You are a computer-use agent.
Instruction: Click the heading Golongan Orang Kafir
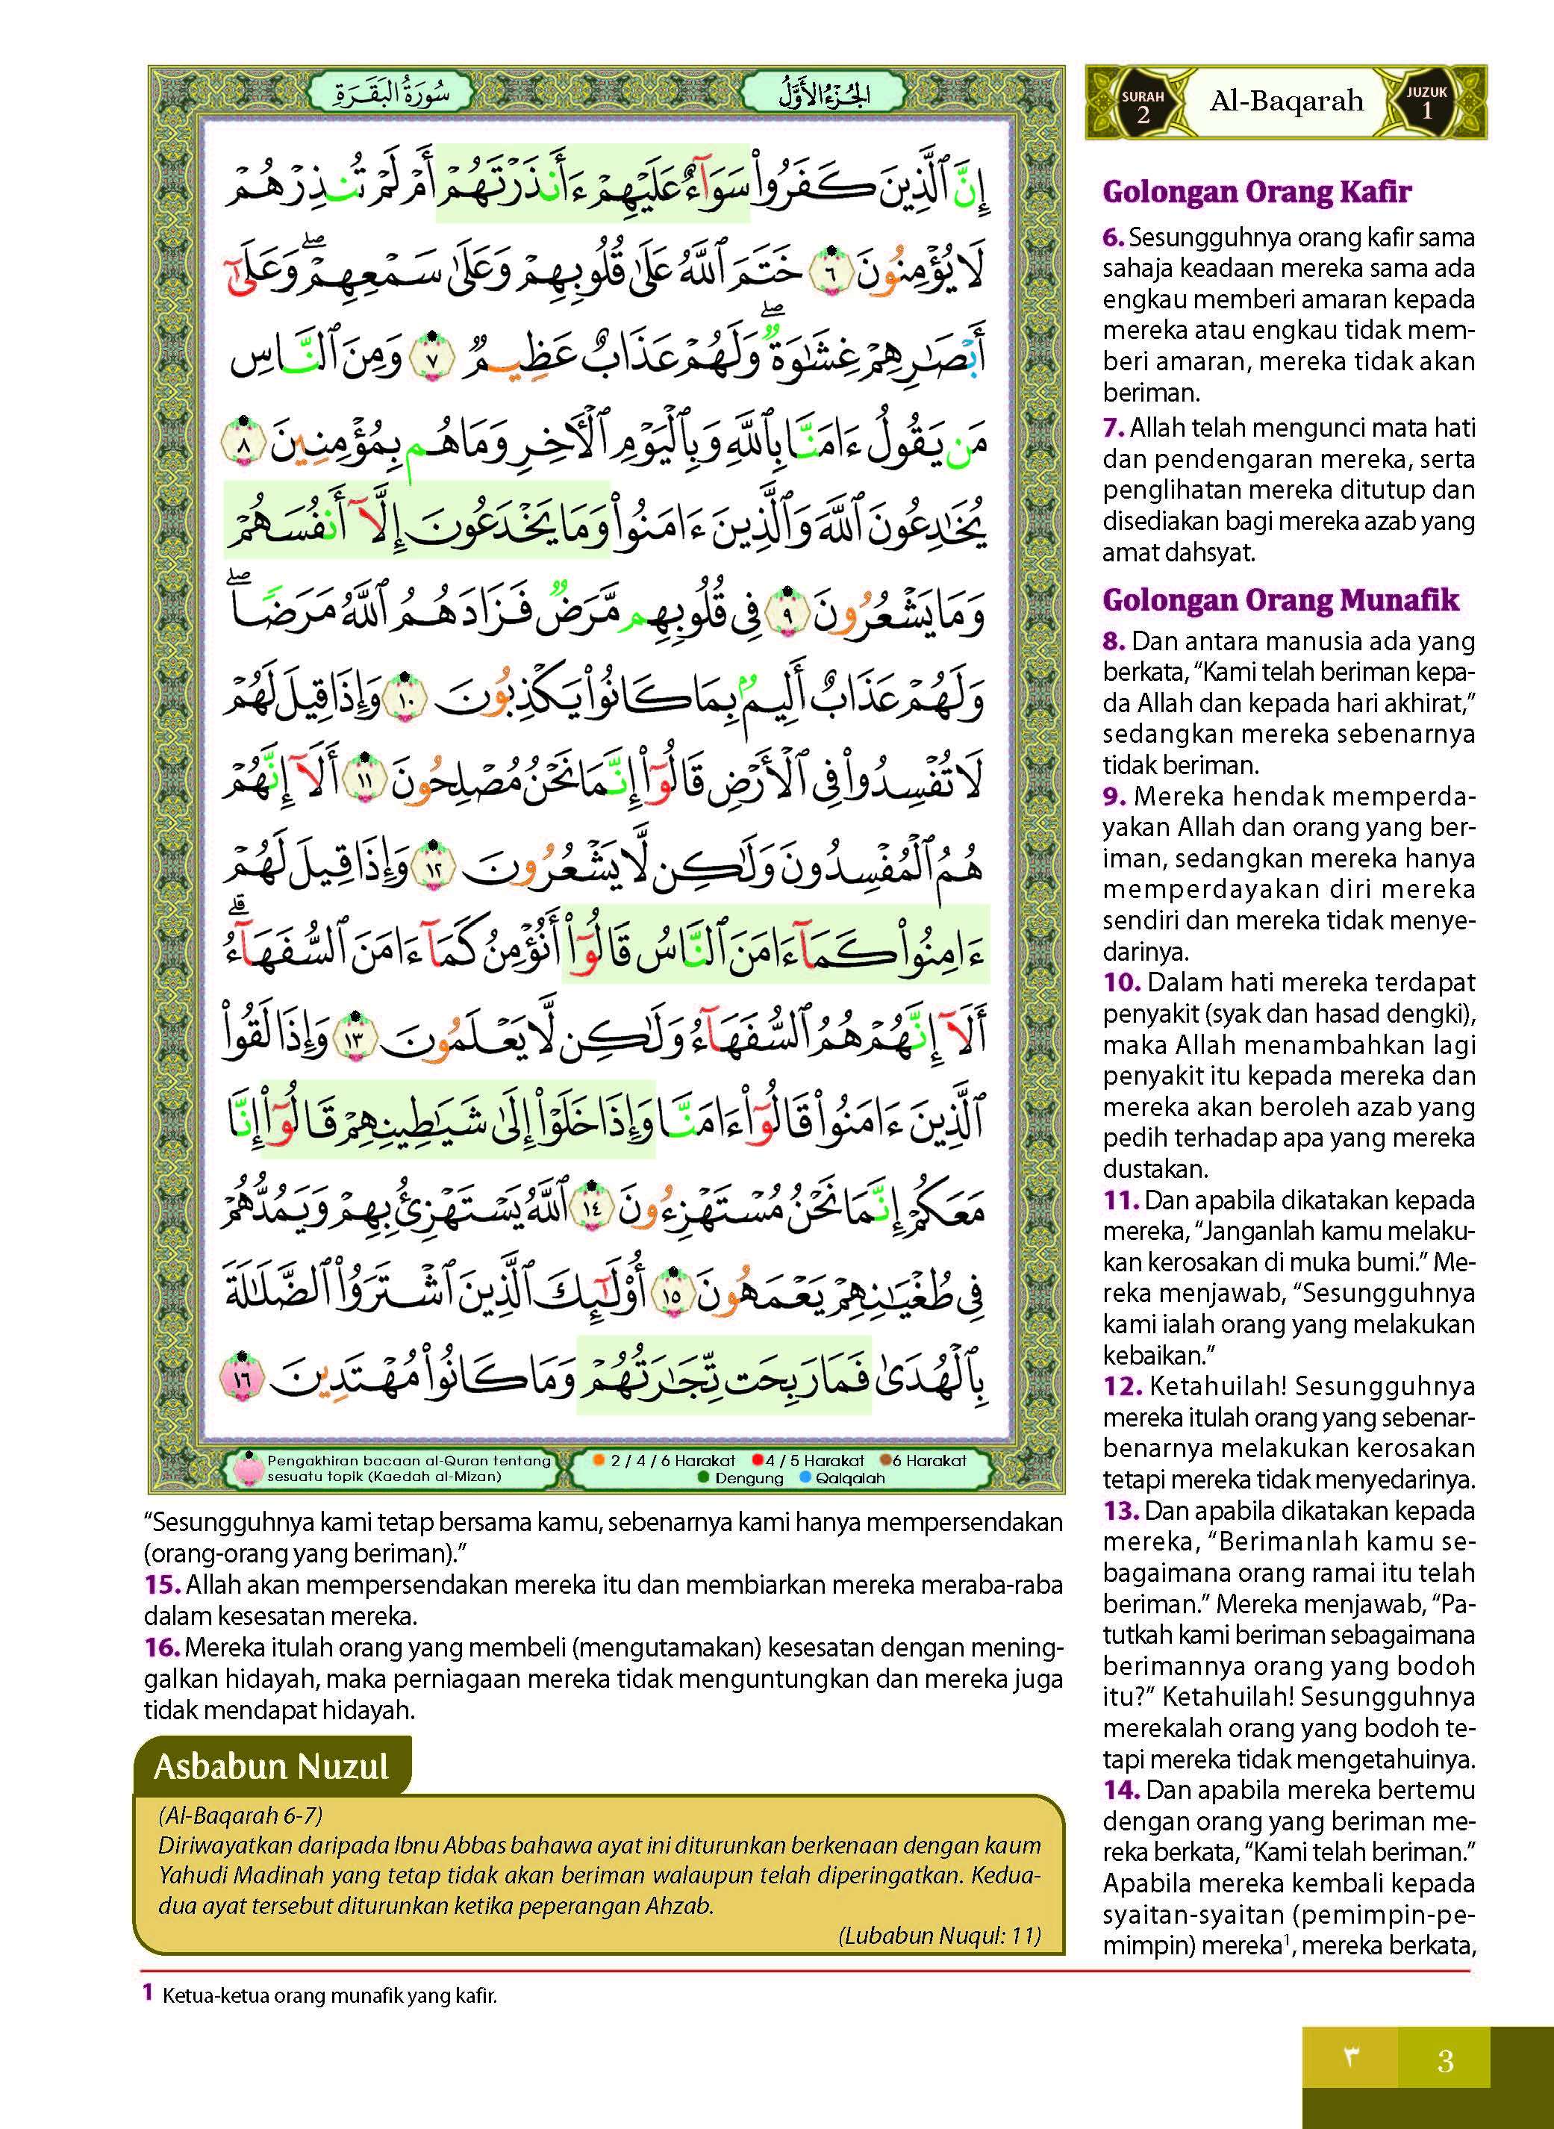pyautogui.click(x=1257, y=192)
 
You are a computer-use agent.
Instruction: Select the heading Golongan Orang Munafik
pyautogui.click(x=1280, y=600)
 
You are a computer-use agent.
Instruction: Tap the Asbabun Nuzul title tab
pyautogui.click(x=271, y=1766)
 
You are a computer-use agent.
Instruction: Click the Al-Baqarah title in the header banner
pyautogui.click(x=1286, y=102)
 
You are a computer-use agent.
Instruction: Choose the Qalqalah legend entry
pyautogui.click(x=840, y=1478)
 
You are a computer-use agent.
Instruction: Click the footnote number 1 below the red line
pyautogui.click(x=148, y=1992)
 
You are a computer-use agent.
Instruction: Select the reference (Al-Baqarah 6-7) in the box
pyautogui.click(x=241, y=1815)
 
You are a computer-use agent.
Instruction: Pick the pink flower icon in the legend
pyautogui.click(x=247, y=1468)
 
